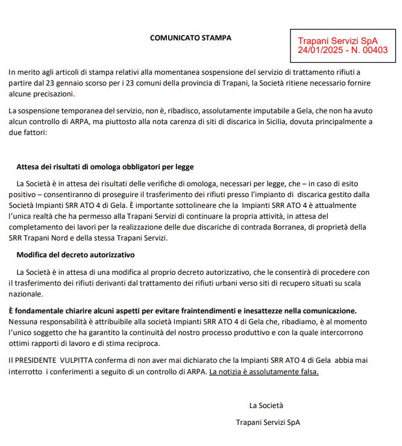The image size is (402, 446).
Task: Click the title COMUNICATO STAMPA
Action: [x=190, y=38]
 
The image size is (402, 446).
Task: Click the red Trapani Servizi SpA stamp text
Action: [x=338, y=40]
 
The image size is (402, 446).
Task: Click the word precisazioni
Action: [x=54, y=94]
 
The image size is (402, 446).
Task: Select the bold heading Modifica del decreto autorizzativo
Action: [x=75, y=255]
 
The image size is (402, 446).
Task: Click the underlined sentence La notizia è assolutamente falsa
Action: [x=263, y=371]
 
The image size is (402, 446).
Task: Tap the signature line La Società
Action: [x=266, y=405]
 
